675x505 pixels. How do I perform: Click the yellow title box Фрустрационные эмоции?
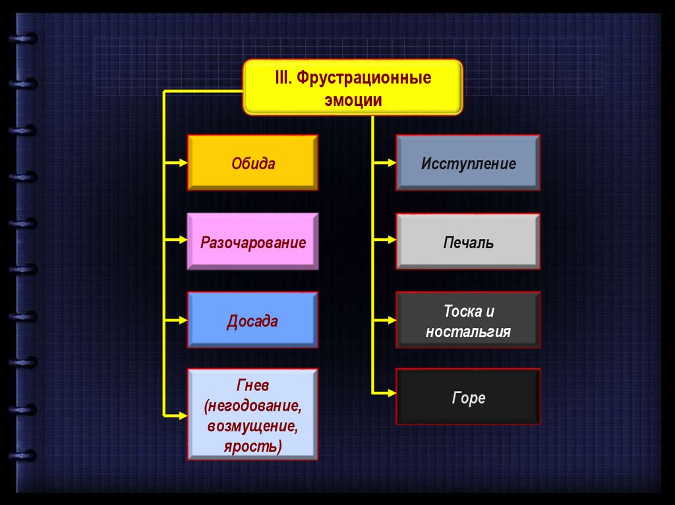point(353,88)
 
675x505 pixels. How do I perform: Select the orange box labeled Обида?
point(253,163)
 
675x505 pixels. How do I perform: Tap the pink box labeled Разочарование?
point(253,242)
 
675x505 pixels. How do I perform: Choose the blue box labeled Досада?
point(253,321)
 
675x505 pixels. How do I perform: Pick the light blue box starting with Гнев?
point(253,414)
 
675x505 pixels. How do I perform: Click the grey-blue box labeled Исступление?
point(468,163)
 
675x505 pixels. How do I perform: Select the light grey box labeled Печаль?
point(468,242)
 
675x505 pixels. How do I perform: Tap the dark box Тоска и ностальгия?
point(468,321)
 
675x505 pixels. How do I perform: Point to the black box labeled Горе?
point(468,397)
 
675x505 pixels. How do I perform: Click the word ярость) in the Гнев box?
point(253,447)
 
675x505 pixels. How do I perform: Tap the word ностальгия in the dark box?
point(468,331)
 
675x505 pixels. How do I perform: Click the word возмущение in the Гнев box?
point(253,426)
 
